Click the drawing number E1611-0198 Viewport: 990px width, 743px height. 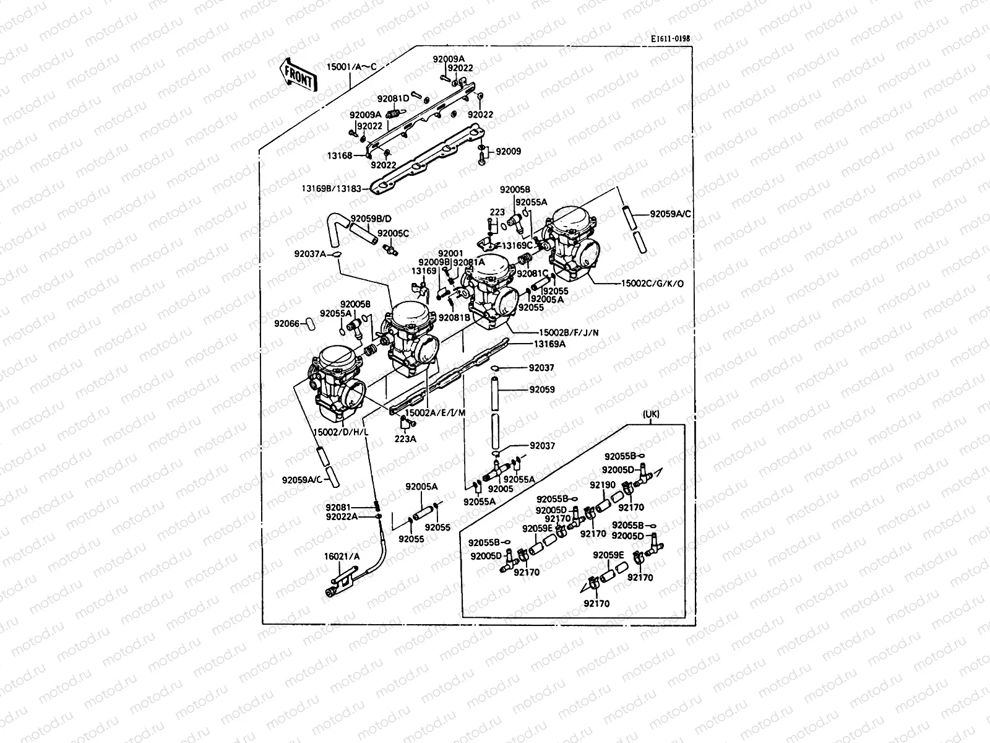(x=669, y=38)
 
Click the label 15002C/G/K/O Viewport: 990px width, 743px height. (x=653, y=284)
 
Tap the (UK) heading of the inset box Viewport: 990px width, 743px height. (x=652, y=415)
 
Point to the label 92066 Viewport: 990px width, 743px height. (x=286, y=323)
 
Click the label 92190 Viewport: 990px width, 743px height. (x=602, y=485)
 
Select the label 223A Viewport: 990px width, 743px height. (x=405, y=439)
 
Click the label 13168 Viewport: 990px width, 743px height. (x=340, y=155)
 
